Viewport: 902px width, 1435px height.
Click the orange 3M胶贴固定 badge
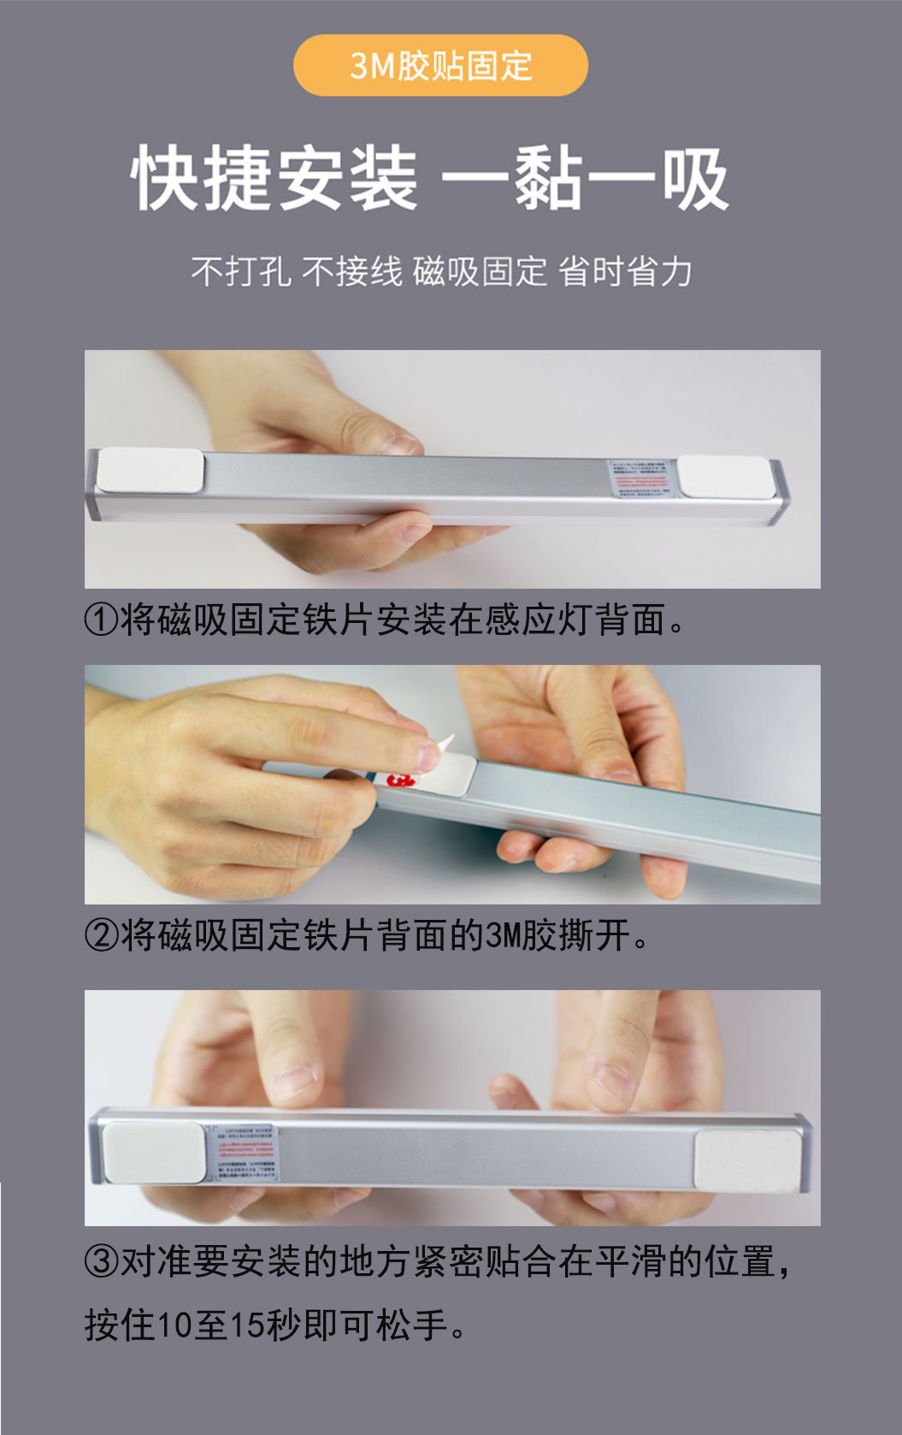click(x=440, y=66)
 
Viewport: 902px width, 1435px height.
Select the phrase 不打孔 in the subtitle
click(x=240, y=272)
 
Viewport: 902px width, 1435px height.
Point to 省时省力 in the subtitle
click(x=625, y=272)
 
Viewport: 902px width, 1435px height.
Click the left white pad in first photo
click(x=150, y=471)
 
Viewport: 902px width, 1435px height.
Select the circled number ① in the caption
click(x=101, y=620)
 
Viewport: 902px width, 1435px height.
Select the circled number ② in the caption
click(x=101, y=935)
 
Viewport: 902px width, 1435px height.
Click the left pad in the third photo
click(x=154, y=1152)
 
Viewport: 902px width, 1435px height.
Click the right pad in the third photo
click(x=747, y=1159)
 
